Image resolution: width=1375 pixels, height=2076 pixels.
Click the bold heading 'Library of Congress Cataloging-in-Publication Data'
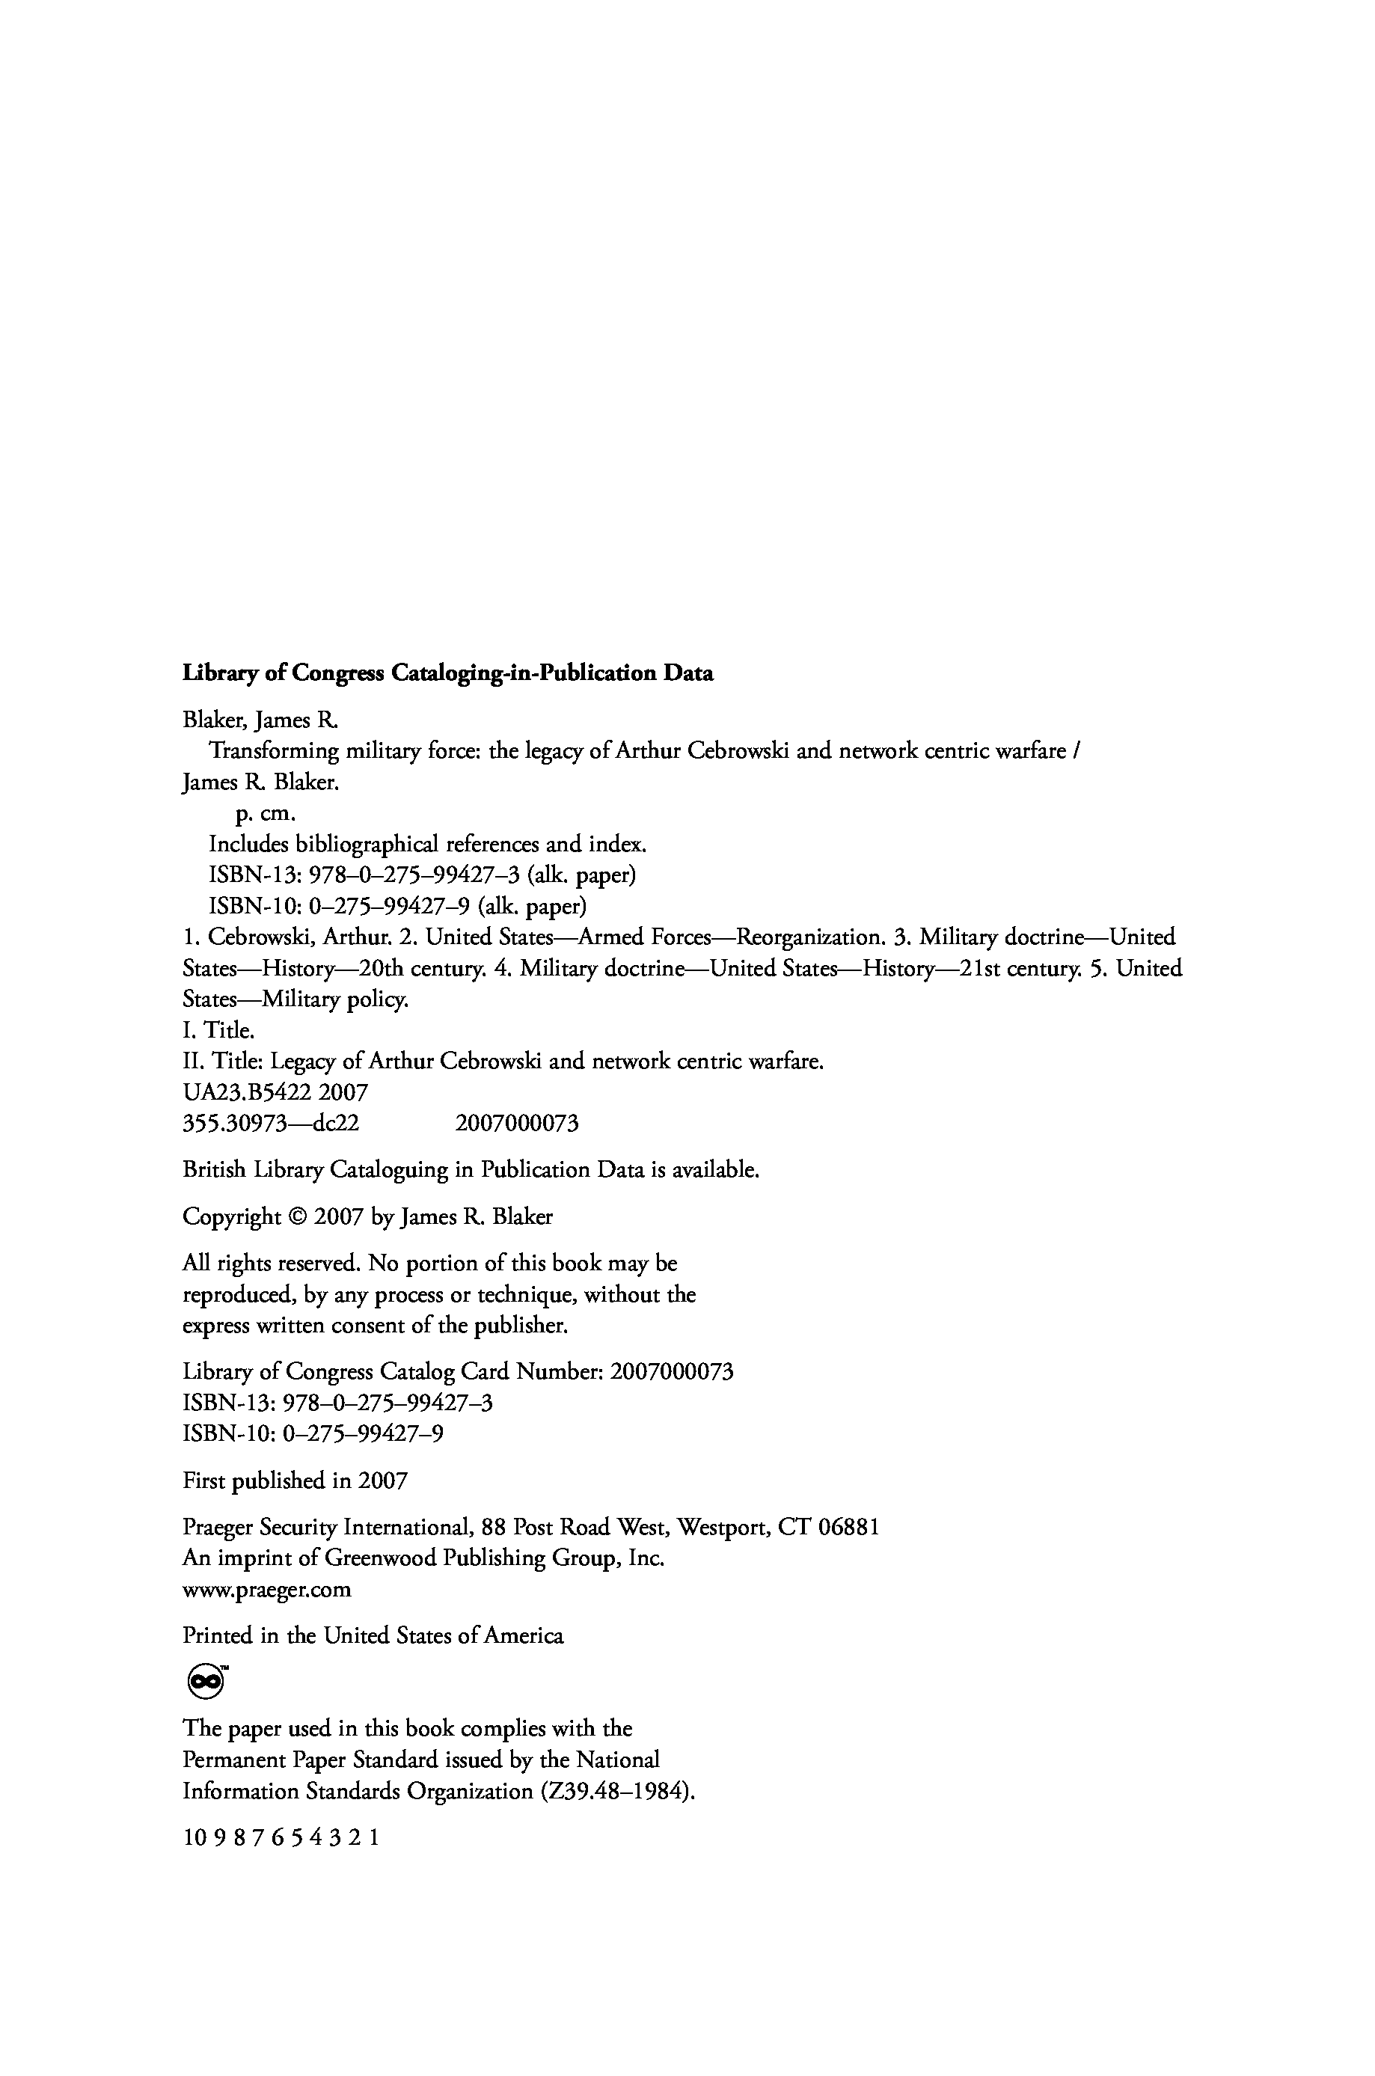tap(447, 673)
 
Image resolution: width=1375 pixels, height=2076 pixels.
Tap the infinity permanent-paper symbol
tap(205, 1680)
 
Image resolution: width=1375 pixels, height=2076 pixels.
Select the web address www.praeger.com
tap(266, 1590)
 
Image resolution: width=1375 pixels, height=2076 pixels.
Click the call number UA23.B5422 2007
tap(275, 1092)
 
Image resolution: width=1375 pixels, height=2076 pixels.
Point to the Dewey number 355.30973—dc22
tap(270, 1123)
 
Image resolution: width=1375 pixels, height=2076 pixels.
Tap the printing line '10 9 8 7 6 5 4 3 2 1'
tap(281, 1837)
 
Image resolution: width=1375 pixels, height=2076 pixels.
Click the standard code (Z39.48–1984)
tap(617, 1791)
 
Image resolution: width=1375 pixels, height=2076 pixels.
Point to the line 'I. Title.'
tap(218, 1030)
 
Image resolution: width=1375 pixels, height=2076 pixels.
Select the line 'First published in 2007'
tap(295, 1481)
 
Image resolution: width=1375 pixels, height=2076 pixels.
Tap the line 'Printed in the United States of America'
tap(373, 1635)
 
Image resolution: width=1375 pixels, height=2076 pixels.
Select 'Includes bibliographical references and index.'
tap(427, 845)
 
